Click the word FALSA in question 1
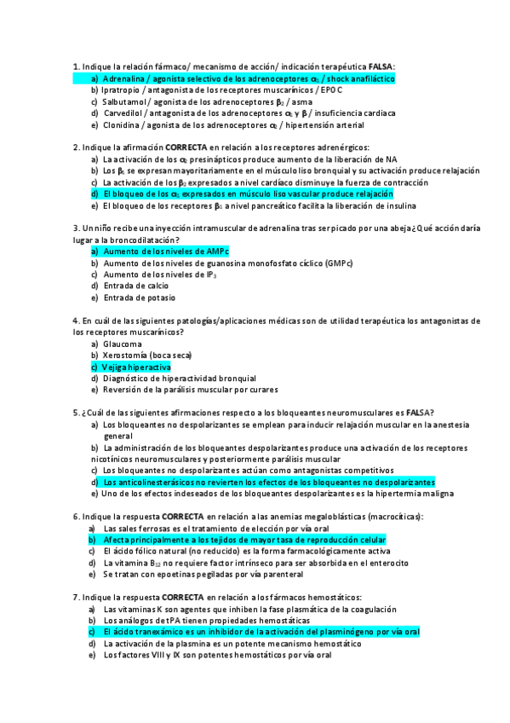381,67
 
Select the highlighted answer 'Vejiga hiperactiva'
136,367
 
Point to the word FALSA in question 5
417,413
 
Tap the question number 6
76,517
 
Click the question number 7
76,598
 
